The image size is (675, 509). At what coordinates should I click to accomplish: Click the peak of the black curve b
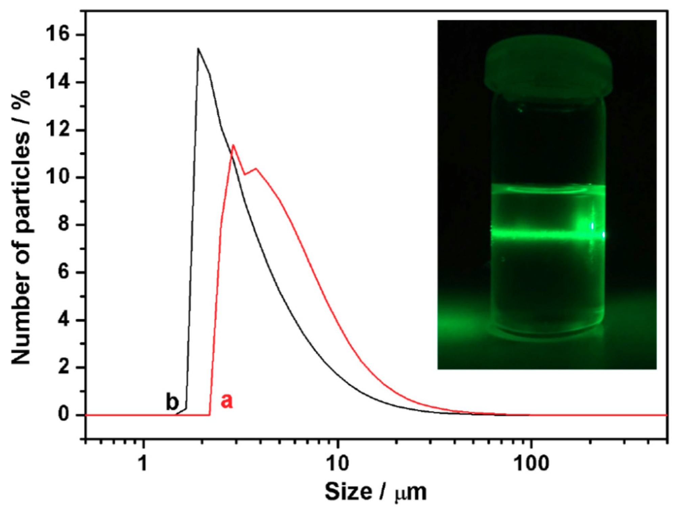pos(198,49)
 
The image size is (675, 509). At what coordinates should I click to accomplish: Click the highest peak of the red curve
pos(233,145)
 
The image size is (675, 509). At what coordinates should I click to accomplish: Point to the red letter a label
pos(226,401)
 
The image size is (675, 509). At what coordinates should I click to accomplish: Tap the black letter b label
pos(172,402)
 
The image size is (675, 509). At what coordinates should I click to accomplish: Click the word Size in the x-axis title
pos(348,491)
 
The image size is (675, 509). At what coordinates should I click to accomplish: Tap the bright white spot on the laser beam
pos(592,226)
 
